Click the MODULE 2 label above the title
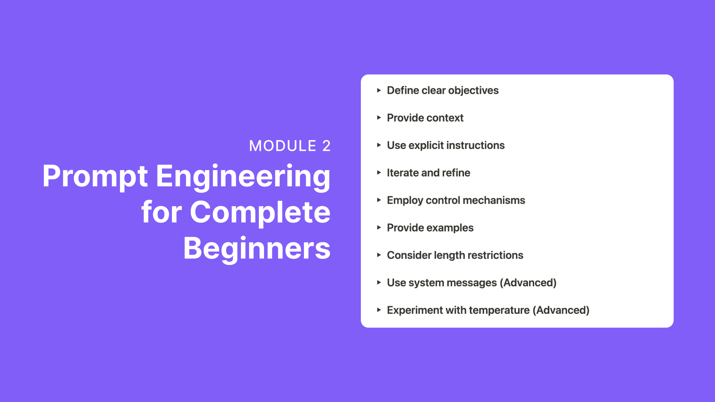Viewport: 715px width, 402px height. [290, 146]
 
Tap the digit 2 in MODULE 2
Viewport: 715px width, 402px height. [326, 146]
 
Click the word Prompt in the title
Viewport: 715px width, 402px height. [95, 177]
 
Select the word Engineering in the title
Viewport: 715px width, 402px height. [243, 177]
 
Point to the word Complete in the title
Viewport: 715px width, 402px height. [260, 212]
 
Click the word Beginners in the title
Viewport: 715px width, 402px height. [257, 249]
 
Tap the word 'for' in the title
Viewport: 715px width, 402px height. [162, 212]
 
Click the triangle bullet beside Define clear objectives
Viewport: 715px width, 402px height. [379, 90]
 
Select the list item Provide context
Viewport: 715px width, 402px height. [425, 118]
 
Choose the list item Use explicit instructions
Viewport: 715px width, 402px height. [446, 146]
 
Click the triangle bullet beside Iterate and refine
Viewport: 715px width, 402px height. [379, 172]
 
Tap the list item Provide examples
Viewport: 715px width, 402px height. [430, 228]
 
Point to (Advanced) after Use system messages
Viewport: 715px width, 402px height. [528, 283]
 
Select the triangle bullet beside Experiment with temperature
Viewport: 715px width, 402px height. [379, 310]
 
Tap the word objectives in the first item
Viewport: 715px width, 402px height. [473, 90]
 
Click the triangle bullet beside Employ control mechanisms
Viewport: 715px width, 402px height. [379, 200]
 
